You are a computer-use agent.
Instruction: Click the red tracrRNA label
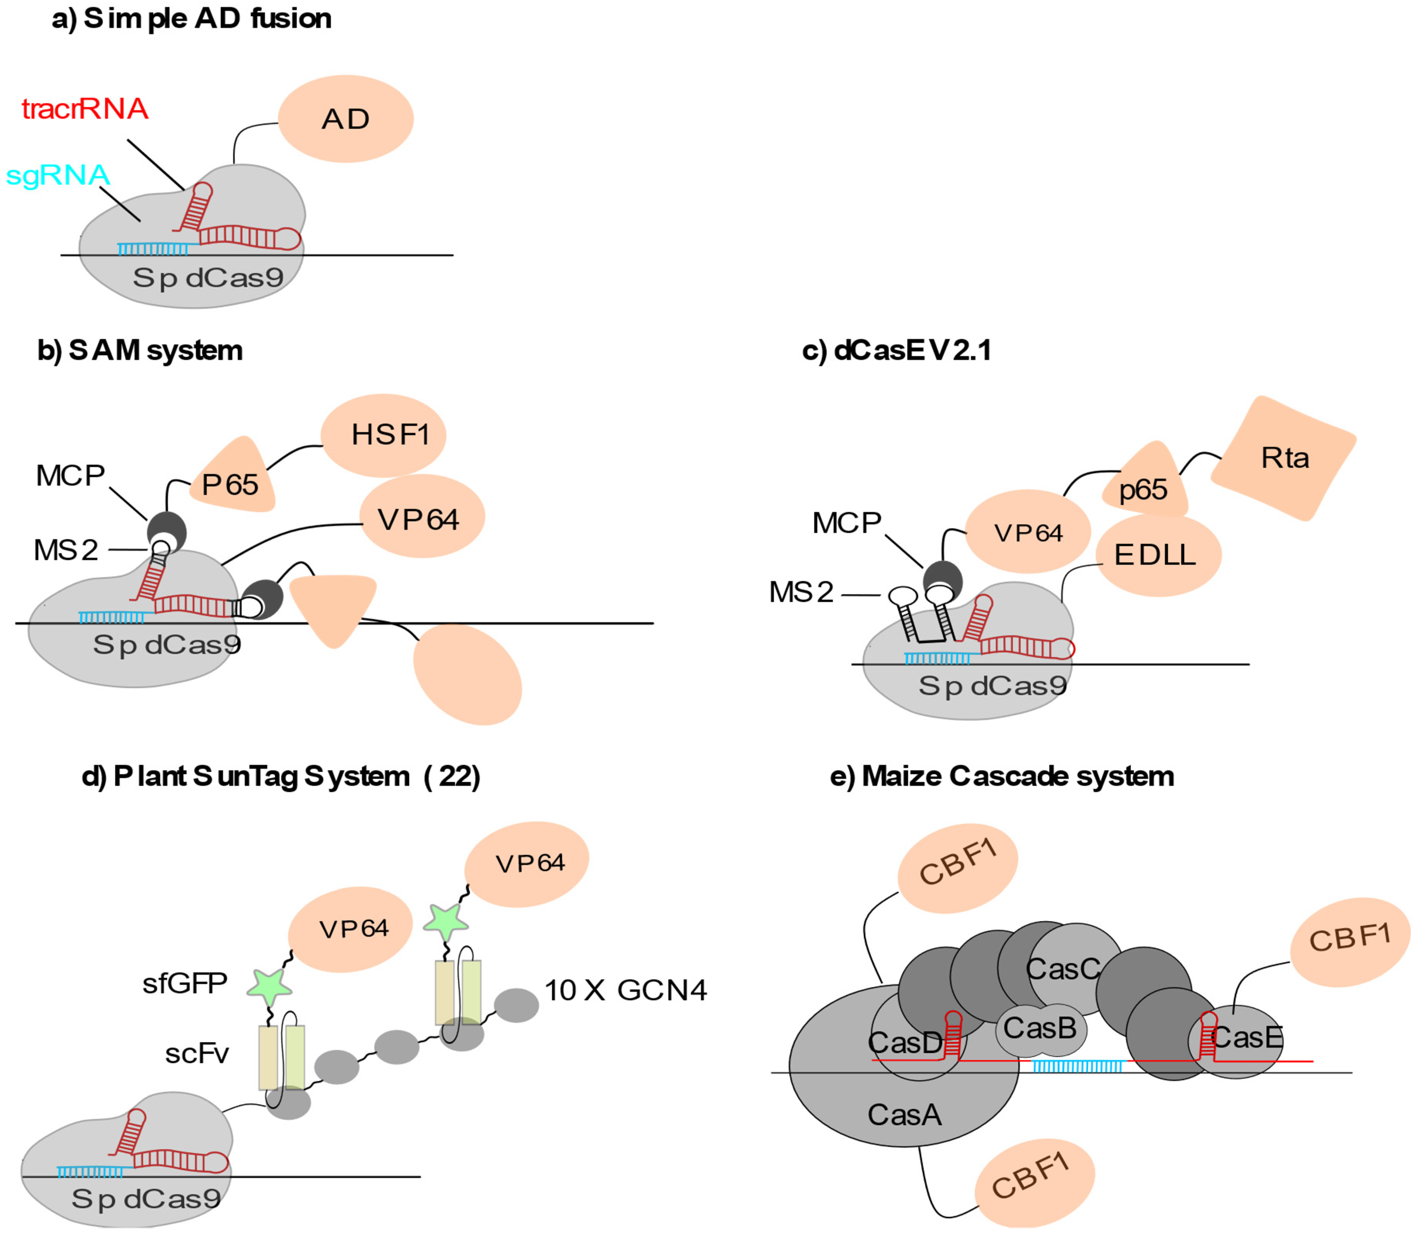click(85, 109)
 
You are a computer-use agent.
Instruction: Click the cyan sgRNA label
click(58, 175)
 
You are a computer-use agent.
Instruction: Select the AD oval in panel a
click(345, 119)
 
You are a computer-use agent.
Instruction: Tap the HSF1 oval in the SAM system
click(384, 435)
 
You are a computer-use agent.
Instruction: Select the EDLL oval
click(1158, 555)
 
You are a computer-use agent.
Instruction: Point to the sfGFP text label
click(185, 983)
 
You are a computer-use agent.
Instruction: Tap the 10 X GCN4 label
click(625, 990)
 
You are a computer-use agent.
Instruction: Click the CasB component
click(1040, 1028)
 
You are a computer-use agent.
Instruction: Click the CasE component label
click(1248, 1037)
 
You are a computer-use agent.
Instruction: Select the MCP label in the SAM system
click(71, 475)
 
